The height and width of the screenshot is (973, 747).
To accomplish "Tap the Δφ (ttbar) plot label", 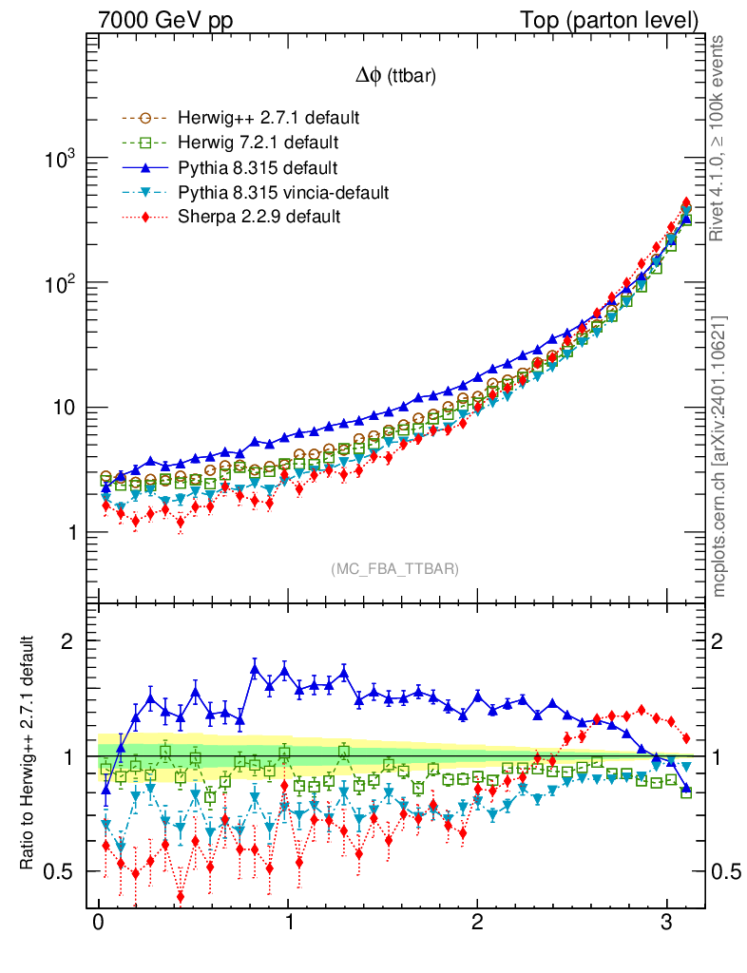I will (395, 79).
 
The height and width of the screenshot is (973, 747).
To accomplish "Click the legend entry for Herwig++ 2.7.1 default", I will (268, 119).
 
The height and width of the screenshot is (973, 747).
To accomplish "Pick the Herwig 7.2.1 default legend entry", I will (258, 143).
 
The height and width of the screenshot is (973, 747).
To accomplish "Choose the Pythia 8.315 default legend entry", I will (257, 168).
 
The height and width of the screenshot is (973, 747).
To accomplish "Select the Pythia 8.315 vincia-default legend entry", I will (282, 193).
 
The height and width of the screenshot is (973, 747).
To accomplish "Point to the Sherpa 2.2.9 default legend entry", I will (259, 217).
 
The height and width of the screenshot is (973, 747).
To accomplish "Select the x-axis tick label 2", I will (477, 925).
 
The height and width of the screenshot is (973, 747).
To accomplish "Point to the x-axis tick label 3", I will (666, 925).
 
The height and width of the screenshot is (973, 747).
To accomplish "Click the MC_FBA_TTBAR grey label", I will (395, 569).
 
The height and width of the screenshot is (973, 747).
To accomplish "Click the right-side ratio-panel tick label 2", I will (718, 641).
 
